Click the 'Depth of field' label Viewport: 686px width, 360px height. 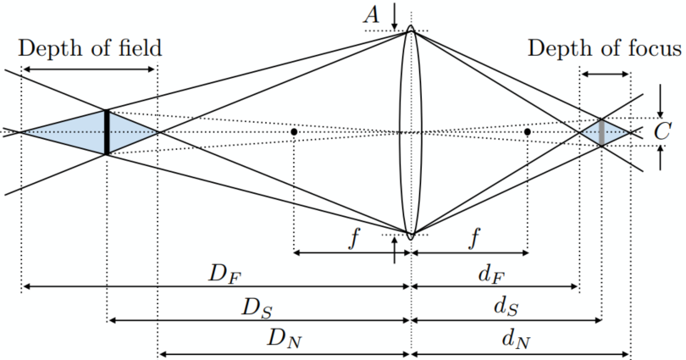coord(88,47)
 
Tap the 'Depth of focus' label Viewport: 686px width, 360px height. coord(604,47)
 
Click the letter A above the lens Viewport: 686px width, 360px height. coord(370,14)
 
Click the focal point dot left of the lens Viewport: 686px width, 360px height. coord(293,132)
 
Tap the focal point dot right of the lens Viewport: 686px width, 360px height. coord(528,132)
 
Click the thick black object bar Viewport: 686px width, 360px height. coord(107,132)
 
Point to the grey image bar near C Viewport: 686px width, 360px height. coord(601,132)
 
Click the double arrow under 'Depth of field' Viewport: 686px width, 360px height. coord(89,69)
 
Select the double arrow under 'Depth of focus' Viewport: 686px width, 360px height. coord(604,75)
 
